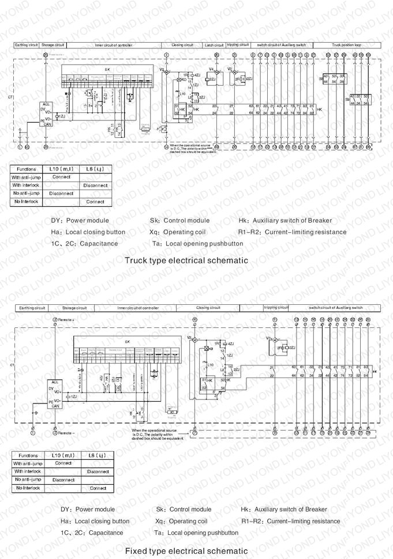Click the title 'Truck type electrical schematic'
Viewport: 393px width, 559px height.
click(x=186, y=260)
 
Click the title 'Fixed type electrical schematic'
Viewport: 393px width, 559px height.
click(x=186, y=551)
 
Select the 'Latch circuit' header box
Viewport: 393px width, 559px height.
click(x=214, y=44)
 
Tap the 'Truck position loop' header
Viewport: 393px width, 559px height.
click(x=347, y=44)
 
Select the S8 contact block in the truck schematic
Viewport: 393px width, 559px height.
click(x=334, y=79)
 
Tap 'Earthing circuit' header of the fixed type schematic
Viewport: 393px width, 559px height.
click(x=32, y=308)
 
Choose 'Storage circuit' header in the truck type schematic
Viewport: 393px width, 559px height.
click(x=53, y=44)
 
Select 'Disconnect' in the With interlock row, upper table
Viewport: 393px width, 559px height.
click(x=95, y=186)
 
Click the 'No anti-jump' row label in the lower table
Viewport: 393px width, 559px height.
click(x=27, y=479)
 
